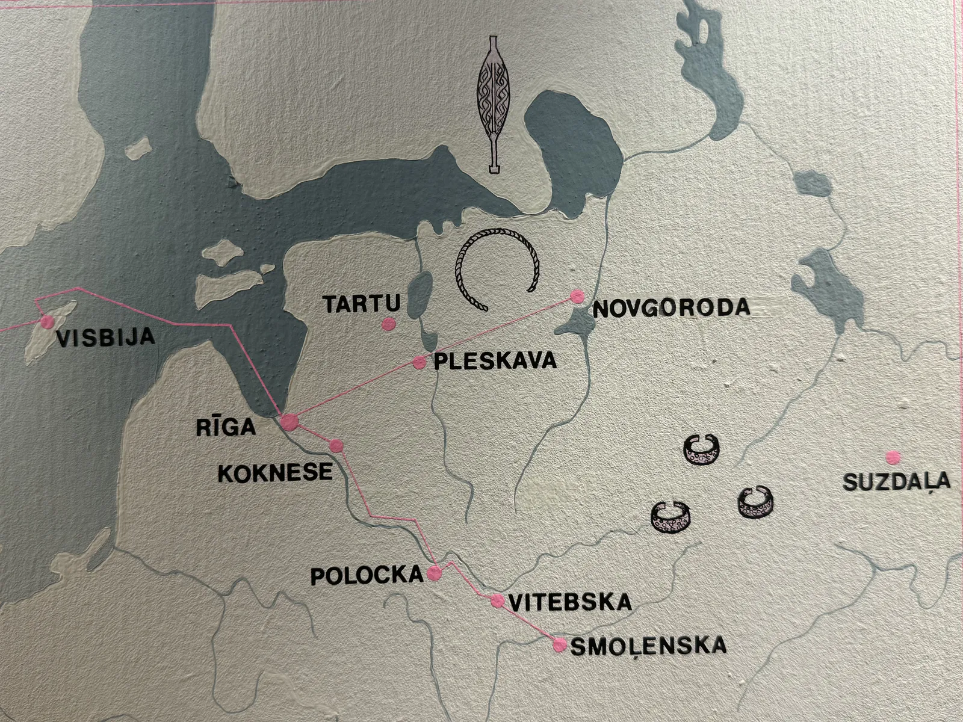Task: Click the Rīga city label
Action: point(226,427)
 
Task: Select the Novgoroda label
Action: point(672,308)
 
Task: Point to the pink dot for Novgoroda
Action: point(578,296)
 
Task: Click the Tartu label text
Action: point(354,304)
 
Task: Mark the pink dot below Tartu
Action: point(388,324)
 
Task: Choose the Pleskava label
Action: point(495,361)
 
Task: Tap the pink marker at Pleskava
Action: point(420,362)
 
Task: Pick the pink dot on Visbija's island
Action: point(46,322)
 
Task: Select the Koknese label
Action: point(274,472)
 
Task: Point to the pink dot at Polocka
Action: point(434,574)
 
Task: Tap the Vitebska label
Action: point(570,602)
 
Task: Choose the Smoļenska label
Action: point(648,646)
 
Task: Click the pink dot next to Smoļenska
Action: point(560,645)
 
